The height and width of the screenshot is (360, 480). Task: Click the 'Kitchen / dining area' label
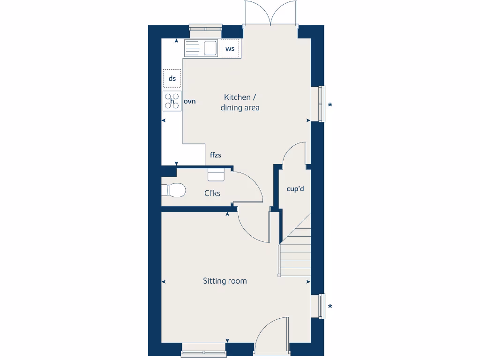point(240,103)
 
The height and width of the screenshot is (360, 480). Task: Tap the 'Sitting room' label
point(225,281)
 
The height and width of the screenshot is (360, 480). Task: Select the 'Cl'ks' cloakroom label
point(212,193)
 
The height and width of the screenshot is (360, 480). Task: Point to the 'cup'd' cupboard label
point(295,189)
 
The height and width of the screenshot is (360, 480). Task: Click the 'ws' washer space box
point(230,48)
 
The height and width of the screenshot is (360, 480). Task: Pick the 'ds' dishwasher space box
point(172,78)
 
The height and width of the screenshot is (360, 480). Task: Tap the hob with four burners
point(172,101)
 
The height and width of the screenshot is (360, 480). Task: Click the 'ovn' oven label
point(189,101)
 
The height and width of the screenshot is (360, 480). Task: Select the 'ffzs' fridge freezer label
point(215,155)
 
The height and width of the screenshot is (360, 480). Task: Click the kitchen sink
point(202,48)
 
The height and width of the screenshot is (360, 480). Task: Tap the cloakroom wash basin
point(216,174)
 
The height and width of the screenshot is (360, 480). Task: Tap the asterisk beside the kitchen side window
point(330,105)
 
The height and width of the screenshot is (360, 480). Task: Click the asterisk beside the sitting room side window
point(330,307)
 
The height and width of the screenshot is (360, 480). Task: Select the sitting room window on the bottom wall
point(203,349)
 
